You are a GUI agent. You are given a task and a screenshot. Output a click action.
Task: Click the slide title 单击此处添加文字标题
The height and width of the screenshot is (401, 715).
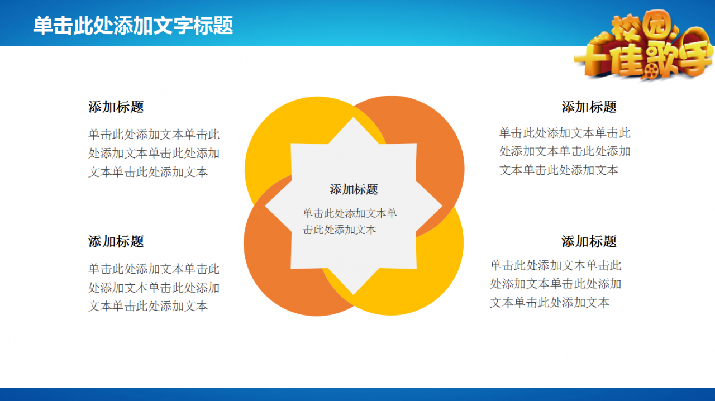[x=133, y=25]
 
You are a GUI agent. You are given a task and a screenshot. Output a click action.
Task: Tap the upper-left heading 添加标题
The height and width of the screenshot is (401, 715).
[x=116, y=107]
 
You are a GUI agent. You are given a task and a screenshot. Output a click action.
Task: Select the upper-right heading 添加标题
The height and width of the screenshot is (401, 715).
[x=589, y=107]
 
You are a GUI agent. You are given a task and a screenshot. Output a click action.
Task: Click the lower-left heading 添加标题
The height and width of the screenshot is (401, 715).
[x=116, y=241]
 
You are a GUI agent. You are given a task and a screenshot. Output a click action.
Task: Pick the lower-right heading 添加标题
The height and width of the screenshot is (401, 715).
[x=589, y=241]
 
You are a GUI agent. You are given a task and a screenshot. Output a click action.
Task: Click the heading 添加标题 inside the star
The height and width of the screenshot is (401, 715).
[x=354, y=189]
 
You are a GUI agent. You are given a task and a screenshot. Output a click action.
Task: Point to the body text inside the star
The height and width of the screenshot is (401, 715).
[x=350, y=221]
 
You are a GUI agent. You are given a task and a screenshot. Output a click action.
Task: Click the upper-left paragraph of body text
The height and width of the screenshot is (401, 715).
[x=154, y=153]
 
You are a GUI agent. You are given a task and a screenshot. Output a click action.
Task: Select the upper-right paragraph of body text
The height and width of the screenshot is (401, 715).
[x=565, y=151]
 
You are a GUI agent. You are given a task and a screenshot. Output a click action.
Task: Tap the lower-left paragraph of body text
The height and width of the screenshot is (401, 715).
[x=154, y=287]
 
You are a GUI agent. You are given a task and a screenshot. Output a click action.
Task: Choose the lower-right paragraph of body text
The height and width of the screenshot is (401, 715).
[x=556, y=284]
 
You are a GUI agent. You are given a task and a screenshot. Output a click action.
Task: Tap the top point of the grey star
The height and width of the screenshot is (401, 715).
[x=354, y=117]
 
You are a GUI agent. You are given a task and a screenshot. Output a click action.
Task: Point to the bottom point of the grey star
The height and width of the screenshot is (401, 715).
[x=354, y=294]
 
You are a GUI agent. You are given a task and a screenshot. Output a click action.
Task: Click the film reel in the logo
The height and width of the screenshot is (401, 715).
[x=651, y=70]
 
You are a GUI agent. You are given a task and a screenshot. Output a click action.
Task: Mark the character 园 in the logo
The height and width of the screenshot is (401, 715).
[x=658, y=24]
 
